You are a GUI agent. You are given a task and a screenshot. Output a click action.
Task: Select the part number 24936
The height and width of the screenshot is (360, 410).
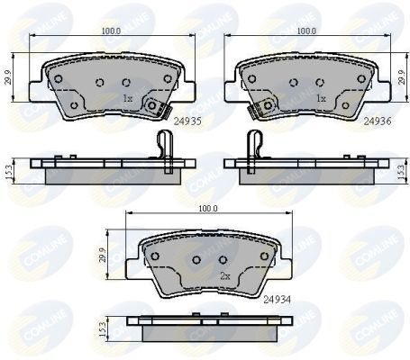click(377, 118)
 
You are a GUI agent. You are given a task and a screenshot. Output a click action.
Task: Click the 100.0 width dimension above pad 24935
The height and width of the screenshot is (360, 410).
click(111, 31)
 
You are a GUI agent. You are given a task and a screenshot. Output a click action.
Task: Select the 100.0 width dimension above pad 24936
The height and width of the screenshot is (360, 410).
click(306, 31)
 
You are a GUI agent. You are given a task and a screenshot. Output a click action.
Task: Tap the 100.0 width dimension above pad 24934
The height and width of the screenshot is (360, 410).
click(208, 208)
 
